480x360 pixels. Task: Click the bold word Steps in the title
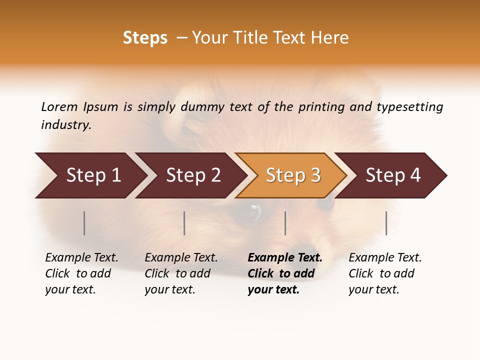point(145,38)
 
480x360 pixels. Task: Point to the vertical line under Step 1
point(84,223)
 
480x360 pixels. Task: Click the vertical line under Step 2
point(184,223)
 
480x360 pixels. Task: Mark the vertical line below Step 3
point(285,223)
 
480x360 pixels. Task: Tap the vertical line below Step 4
point(386,223)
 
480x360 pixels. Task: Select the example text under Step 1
point(81,273)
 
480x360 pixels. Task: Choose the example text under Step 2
point(181,273)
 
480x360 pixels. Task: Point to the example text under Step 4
point(385,273)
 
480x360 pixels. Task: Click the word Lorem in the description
point(59,106)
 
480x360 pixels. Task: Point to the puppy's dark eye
point(250,212)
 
